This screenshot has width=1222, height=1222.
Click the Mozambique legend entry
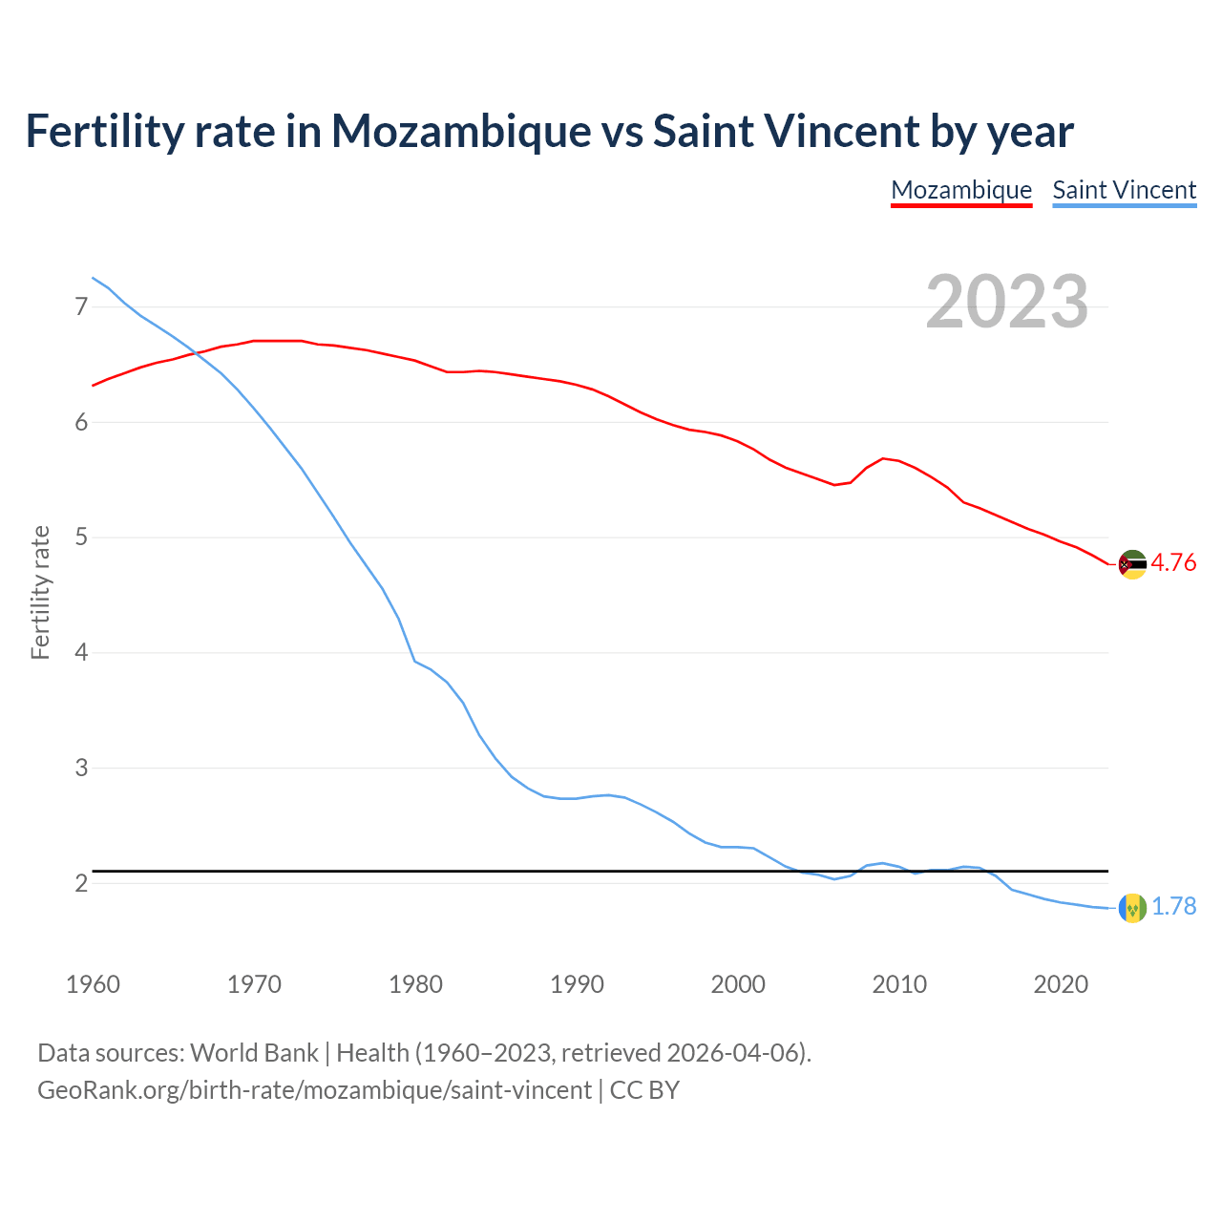coord(961,190)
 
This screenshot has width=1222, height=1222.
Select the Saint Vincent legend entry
coord(1124,190)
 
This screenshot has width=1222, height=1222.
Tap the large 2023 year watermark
coord(1007,302)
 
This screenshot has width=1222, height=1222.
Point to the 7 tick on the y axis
coord(80,307)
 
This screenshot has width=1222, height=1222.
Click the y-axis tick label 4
coord(80,653)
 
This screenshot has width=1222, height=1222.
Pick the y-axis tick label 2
coord(80,884)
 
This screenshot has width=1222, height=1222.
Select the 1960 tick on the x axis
coord(93,984)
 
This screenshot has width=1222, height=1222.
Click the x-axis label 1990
coord(577,984)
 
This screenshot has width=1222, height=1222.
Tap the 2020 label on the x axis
coord(1061,984)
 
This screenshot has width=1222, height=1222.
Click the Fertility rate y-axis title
coord(40,592)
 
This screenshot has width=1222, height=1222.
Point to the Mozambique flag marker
coord(1131,564)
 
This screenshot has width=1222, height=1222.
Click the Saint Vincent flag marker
coord(1131,908)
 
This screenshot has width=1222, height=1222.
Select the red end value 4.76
coord(1173,563)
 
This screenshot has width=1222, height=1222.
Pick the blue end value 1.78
coord(1173,907)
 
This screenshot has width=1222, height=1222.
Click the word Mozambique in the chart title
coord(461,132)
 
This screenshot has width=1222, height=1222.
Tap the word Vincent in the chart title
coord(839,132)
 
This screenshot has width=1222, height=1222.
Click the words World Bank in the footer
coord(254,1053)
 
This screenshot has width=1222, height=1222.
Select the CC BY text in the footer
coord(644,1090)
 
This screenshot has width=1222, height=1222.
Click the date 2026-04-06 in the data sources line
coord(732,1053)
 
